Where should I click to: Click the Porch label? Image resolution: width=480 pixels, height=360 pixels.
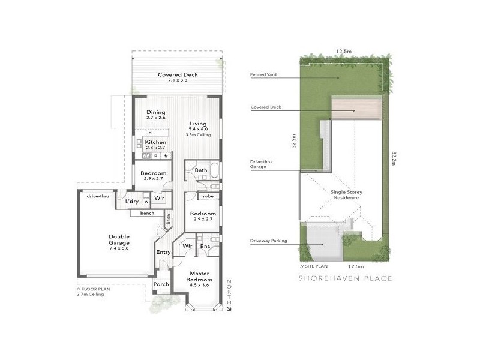pyautogui.click(x=161, y=284)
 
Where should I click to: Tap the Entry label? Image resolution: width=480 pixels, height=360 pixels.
pyautogui.click(x=163, y=252)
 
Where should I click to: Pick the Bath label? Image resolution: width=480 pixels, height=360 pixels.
pyautogui.click(x=201, y=170)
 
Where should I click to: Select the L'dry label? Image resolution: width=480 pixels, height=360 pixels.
pyautogui.click(x=132, y=202)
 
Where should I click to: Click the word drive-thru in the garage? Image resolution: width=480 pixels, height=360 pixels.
pyautogui.click(x=97, y=196)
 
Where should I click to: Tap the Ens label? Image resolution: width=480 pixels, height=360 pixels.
pyautogui.click(x=205, y=246)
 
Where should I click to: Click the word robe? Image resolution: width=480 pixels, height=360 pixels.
pyautogui.click(x=208, y=196)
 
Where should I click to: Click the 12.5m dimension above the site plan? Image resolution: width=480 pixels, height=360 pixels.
pyautogui.click(x=343, y=52)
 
